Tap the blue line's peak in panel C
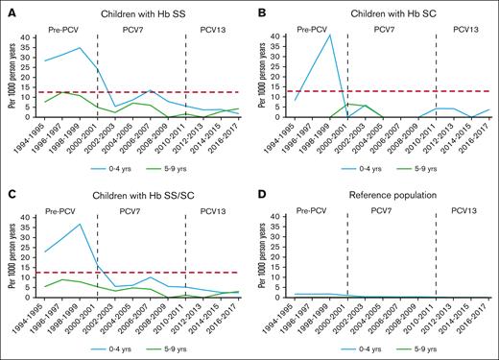pyautogui.click(x=79, y=225)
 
